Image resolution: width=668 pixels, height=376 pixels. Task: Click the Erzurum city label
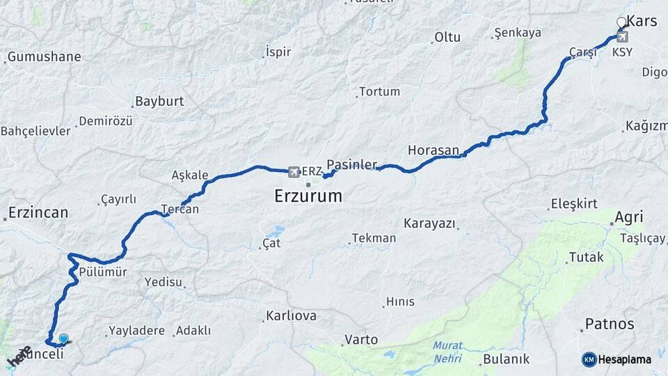click(x=308, y=196)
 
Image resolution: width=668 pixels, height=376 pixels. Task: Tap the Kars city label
click(x=642, y=21)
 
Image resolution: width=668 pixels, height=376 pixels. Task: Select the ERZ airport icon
click(x=294, y=171)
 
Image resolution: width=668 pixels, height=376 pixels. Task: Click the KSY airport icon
click(x=622, y=37)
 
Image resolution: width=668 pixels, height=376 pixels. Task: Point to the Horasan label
click(x=434, y=150)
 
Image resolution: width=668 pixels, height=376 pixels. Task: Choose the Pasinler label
click(x=351, y=165)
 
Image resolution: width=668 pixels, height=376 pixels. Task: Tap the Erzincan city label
click(x=38, y=212)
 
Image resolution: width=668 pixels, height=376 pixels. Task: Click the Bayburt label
click(x=159, y=101)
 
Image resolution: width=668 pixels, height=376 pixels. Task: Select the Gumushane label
click(x=44, y=57)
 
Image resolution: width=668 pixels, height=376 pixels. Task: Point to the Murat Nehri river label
click(x=447, y=352)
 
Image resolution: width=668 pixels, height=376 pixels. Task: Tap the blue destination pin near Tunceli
click(x=64, y=339)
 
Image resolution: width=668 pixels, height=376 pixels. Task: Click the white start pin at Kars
click(x=622, y=23)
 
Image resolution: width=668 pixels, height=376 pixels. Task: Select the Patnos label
click(x=610, y=324)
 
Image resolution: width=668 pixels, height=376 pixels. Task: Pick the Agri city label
click(x=628, y=217)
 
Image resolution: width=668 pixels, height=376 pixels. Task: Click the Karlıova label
click(x=291, y=316)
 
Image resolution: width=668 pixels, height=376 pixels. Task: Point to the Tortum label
click(x=379, y=92)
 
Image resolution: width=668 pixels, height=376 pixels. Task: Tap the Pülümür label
click(x=103, y=272)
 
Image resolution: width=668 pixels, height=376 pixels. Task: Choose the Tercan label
click(x=180, y=209)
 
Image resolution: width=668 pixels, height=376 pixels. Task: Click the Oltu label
click(x=447, y=37)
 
